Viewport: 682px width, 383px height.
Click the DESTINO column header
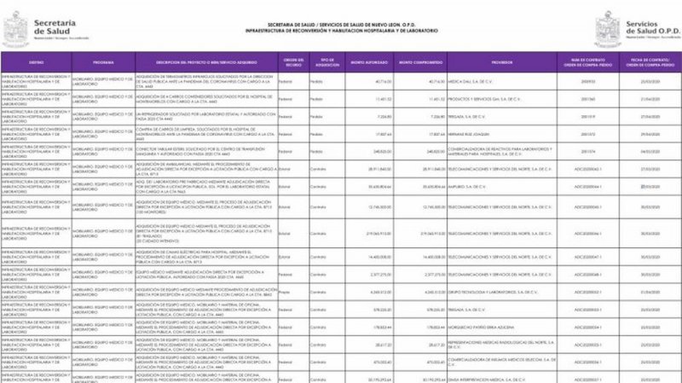click(x=36, y=62)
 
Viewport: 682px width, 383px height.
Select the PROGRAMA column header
click(x=103, y=62)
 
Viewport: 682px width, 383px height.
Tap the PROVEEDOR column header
click(x=501, y=62)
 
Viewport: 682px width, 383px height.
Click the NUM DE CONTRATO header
click(x=587, y=62)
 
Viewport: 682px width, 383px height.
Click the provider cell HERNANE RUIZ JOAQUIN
click(x=471, y=134)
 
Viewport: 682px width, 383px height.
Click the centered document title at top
click(x=341, y=31)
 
